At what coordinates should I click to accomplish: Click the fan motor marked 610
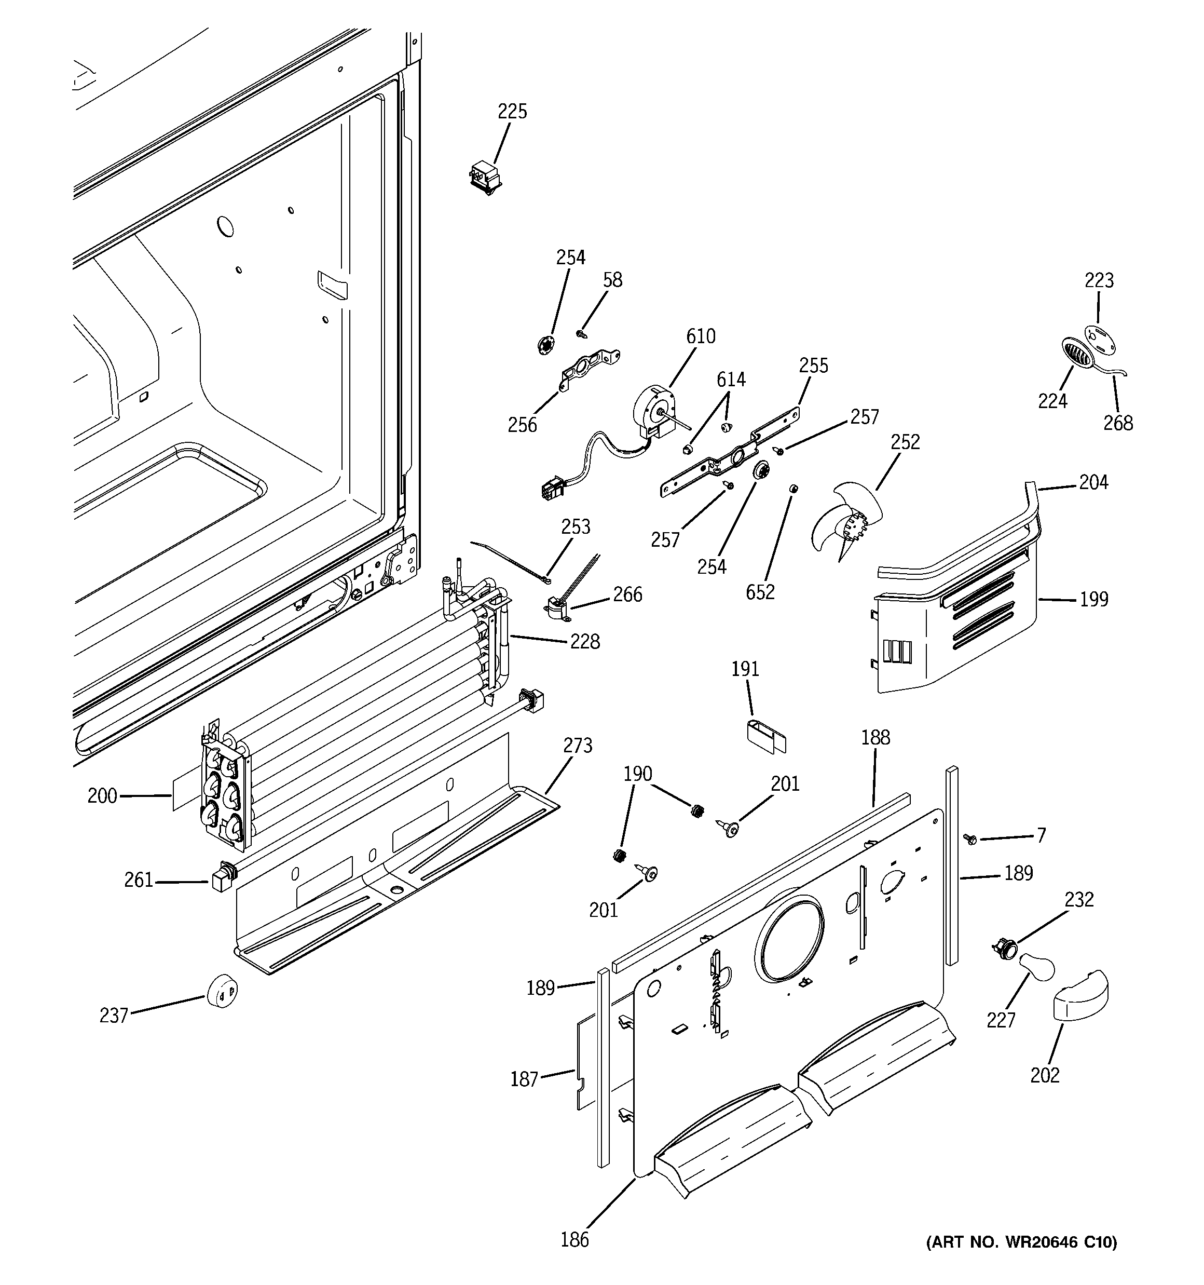click(654, 412)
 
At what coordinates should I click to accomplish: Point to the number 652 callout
click(759, 592)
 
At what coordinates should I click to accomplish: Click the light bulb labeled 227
click(1036, 969)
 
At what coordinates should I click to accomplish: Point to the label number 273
click(577, 746)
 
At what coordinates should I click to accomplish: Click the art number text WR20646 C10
click(1021, 1242)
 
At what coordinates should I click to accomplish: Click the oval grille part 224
click(1077, 354)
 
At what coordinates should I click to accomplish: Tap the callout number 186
click(574, 1240)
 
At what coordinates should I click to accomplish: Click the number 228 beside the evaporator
click(584, 642)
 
